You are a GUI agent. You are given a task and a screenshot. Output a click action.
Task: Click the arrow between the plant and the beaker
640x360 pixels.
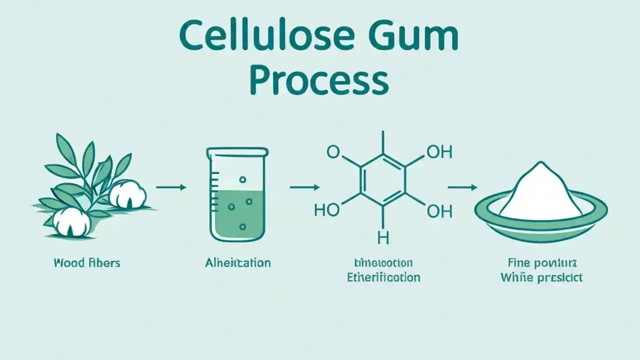171,187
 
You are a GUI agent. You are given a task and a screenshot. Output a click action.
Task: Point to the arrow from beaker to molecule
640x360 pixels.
304,187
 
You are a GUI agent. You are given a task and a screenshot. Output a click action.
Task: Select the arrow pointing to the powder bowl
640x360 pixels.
462,187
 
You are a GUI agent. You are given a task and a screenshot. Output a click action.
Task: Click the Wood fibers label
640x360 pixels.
87,262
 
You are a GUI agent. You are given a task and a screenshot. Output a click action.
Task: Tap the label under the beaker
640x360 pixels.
237,262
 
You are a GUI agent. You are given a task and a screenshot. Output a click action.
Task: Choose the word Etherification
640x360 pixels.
383,277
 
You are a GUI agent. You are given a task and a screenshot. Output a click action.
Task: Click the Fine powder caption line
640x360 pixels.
541,262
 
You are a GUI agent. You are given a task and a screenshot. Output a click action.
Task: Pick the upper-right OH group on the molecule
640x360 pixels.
439,152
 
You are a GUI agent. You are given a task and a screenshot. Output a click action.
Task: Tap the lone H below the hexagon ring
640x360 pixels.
383,238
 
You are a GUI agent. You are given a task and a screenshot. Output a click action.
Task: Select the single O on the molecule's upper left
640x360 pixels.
333,152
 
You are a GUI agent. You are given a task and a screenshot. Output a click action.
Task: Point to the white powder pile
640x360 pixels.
539,192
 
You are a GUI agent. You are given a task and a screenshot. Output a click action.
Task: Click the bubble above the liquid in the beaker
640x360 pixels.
242,179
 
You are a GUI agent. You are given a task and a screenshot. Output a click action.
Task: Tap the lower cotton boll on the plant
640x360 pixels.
71,221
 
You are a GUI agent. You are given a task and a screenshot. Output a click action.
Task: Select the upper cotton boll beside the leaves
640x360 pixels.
127,192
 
